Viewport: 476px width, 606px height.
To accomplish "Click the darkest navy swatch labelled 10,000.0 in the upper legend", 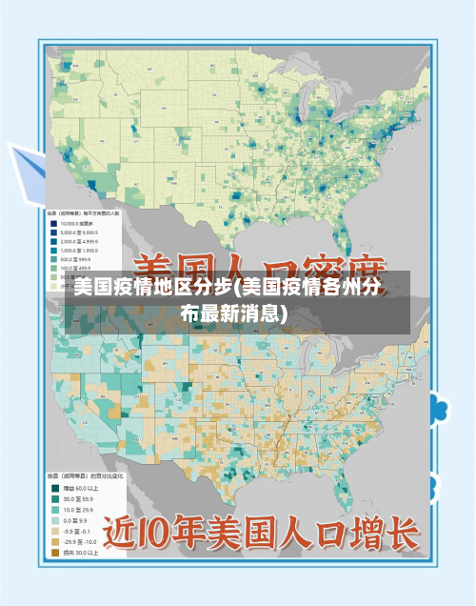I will (x=53, y=224).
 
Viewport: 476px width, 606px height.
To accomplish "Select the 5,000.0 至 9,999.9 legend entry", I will (x=53, y=232).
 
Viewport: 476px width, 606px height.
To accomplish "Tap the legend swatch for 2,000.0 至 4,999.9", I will (x=53, y=241).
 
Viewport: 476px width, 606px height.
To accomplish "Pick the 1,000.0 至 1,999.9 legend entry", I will (x=53, y=250).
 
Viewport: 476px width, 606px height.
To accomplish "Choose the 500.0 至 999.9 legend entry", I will (x=53, y=258).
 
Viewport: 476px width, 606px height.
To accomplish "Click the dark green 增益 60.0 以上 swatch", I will (x=54, y=488).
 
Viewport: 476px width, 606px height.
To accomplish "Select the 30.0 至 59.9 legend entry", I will (x=54, y=497).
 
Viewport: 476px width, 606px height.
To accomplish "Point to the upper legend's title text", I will (x=90, y=213).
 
